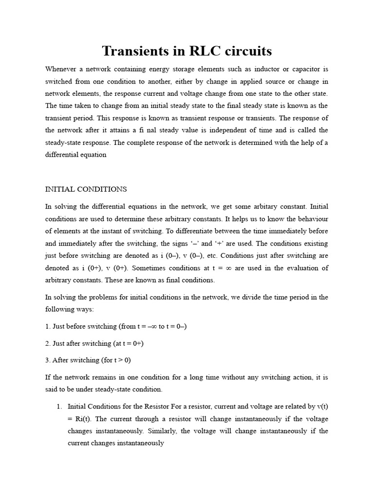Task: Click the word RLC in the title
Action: click(x=201, y=51)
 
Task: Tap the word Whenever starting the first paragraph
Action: click(x=61, y=69)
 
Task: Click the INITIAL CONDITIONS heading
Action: click(x=86, y=189)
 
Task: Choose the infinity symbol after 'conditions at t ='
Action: click(x=227, y=268)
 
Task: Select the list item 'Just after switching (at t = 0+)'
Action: click(x=94, y=343)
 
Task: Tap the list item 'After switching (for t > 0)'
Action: click(x=88, y=360)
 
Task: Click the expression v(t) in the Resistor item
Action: click(x=320, y=406)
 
